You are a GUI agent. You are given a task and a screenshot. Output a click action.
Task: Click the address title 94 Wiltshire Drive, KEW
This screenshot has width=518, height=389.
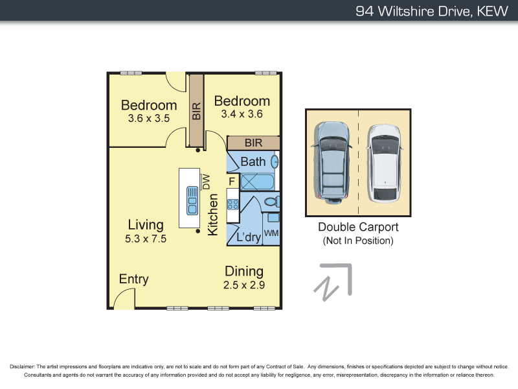pyautogui.click(x=432, y=11)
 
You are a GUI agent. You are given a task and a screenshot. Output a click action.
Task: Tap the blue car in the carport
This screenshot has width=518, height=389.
pyautogui.click(x=332, y=162)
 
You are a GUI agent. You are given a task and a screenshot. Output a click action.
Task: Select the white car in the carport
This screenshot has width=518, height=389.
pyautogui.click(x=385, y=162)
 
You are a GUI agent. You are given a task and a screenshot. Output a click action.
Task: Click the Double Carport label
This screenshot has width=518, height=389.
pyautogui.click(x=357, y=227)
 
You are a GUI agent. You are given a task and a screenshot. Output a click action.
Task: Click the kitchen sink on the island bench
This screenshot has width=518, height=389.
pyautogui.click(x=193, y=200)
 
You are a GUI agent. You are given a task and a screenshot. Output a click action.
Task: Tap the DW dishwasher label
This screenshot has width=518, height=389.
pyautogui.click(x=207, y=182)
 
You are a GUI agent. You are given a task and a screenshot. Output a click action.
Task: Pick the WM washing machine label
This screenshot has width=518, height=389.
pyautogui.click(x=271, y=233)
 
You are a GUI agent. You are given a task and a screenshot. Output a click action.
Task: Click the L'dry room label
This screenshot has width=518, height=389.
pyautogui.click(x=248, y=237)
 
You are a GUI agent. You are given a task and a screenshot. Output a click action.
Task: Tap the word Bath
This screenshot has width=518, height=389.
pyautogui.click(x=253, y=161)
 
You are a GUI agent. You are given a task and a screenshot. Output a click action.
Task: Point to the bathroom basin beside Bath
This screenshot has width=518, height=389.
pyautogui.click(x=275, y=161)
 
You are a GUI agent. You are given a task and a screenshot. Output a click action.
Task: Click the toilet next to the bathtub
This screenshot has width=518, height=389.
pyautogui.click(x=272, y=202)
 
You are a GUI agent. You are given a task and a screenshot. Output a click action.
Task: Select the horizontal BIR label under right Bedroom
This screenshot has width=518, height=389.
pyautogui.click(x=253, y=143)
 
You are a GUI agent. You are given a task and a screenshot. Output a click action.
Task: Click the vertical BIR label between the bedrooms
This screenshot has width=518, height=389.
pyautogui.click(x=196, y=111)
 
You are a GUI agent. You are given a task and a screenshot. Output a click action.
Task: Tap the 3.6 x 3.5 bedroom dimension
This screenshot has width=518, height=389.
pyautogui.click(x=148, y=119)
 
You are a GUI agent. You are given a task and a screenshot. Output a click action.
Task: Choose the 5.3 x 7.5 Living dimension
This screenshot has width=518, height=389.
pyautogui.click(x=146, y=239)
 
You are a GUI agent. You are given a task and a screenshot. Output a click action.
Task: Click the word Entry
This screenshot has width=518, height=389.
pyautogui.click(x=134, y=279)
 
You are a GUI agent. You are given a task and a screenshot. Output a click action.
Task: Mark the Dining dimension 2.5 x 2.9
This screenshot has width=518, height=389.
pyautogui.click(x=244, y=285)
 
